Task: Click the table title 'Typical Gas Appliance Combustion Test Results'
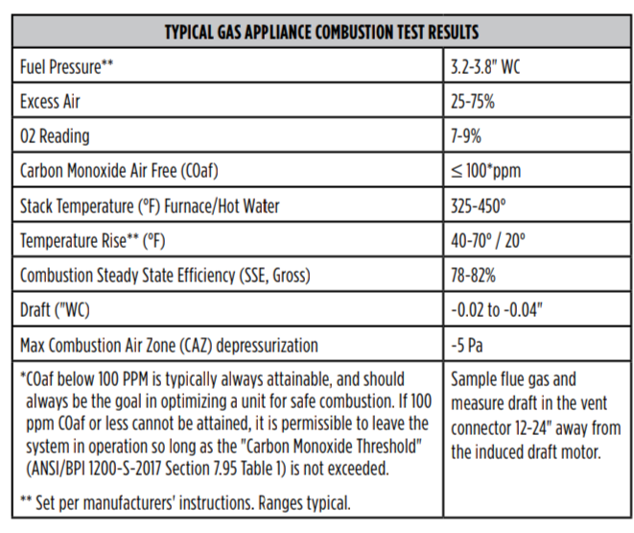tap(321, 32)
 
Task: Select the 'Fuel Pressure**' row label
tap(67, 67)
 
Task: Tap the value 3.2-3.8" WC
tap(485, 67)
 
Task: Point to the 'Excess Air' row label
tap(50, 102)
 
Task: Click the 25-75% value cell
tap(473, 102)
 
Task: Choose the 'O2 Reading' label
tap(55, 136)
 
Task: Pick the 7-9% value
tap(466, 136)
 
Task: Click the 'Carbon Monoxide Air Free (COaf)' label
tap(119, 171)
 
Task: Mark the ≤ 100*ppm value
tap(486, 171)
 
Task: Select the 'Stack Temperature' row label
tap(150, 206)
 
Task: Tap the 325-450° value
tap(479, 206)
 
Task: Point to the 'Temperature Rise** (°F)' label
tap(93, 241)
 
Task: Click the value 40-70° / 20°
tap(488, 241)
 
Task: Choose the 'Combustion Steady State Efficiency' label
tap(165, 276)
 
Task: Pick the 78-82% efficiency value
tap(473, 276)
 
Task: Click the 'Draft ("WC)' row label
tap(55, 310)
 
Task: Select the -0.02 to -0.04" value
tap(497, 310)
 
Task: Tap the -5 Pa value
tap(467, 346)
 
